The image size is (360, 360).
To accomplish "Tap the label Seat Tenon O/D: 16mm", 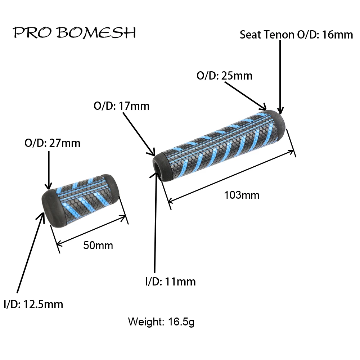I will click(296, 35).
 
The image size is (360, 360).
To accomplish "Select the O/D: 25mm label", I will click(224, 76).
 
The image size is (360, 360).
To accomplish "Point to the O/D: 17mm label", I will click(121, 106).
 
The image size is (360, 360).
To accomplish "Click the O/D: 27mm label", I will click(52, 143).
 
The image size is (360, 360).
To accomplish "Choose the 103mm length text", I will click(242, 195).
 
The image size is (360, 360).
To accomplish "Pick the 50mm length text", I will click(98, 246).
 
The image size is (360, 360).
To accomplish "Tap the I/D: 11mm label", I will click(170, 281).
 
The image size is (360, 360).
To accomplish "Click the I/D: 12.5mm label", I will click(33, 304).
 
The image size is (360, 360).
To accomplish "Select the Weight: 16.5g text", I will click(161, 321).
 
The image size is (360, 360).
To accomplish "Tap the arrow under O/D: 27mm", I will click(48, 169).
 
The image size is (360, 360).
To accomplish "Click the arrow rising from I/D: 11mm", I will click(156, 223).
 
